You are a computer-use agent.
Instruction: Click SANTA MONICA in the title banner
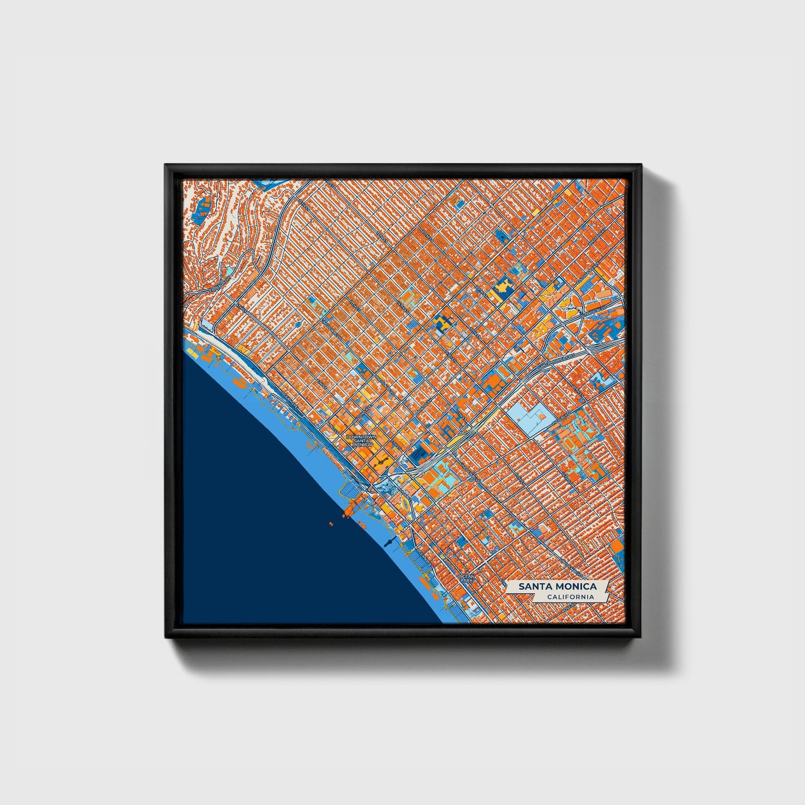click(x=557, y=587)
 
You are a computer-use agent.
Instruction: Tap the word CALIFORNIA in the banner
click(x=569, y=597)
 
